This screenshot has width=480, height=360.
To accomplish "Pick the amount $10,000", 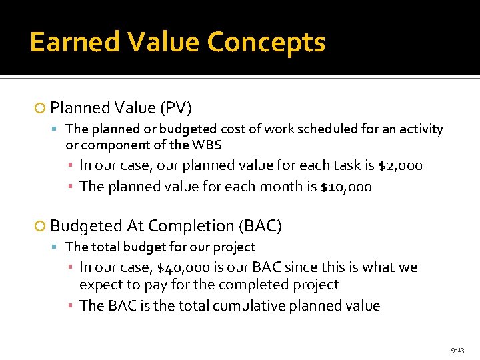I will coord(345,187).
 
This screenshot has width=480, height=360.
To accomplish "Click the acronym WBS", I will coord(207,144).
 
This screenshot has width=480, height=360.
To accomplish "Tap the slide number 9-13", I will coord(457,349).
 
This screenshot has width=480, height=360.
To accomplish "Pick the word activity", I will coord(419,129).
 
